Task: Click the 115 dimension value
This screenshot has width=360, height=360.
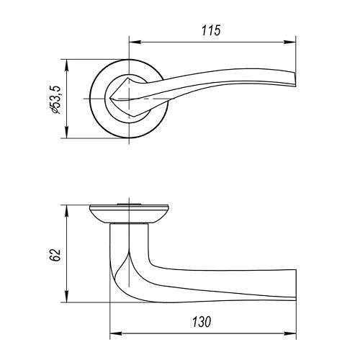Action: coord(211,30)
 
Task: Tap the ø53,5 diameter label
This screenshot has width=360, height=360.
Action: coord(55,99)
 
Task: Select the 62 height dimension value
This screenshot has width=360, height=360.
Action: coord(55,255)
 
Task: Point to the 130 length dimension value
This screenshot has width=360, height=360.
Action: coord(202,322)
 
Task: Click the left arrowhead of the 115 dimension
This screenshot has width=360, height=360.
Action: coord(135,42)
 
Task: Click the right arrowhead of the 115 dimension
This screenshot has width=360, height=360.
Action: coord(290,42)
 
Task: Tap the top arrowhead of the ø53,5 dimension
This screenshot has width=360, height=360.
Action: coord(66,65)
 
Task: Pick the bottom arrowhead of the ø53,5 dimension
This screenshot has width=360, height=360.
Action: coord(66,132)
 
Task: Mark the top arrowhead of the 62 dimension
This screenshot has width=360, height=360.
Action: coord(66,211)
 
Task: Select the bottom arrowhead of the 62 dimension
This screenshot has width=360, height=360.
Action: coord(66,297)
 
